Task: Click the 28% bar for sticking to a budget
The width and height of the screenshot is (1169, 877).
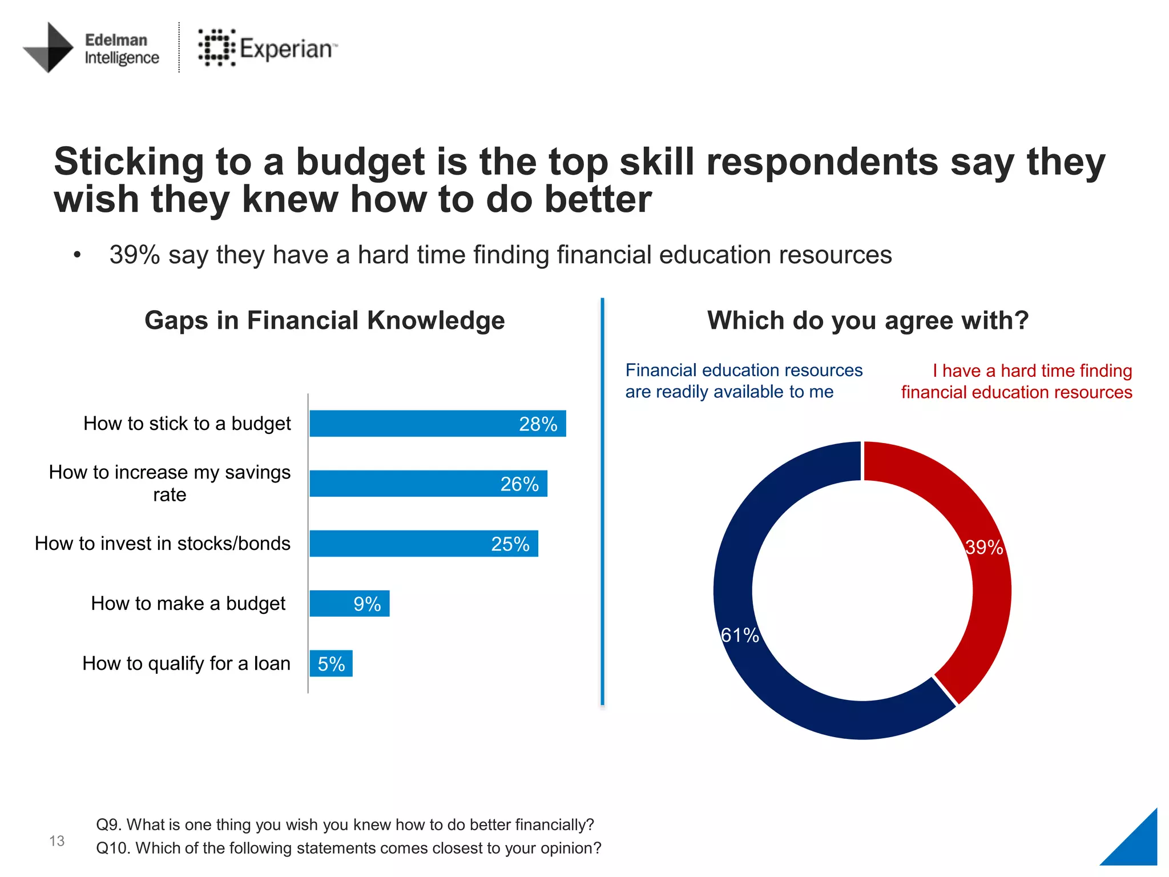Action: click(x=437, y=424)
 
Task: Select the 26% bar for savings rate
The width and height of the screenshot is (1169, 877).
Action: click(x=428, y=484)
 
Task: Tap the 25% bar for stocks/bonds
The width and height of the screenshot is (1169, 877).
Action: click(x=424, y=544)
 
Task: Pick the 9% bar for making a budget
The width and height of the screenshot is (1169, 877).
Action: click(x=349, y=604)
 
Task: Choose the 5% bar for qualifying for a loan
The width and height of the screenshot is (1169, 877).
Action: click(x=331, y=663)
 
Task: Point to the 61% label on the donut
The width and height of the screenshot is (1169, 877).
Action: click(x=740, y=635)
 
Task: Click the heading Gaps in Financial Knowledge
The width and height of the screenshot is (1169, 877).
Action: click(x=324, y=320)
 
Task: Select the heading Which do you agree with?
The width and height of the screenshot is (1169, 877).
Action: click(x=868, y=320)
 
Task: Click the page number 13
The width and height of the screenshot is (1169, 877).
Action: click(x=57, y=840)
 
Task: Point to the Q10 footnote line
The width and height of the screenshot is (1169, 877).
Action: click(x=348, y=848)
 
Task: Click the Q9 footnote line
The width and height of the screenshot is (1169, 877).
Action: click(x=345, y=824)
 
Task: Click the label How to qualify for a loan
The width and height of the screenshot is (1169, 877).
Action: click(x=186, y=663)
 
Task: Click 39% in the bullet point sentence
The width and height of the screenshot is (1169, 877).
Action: click(x=134, y=255)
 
